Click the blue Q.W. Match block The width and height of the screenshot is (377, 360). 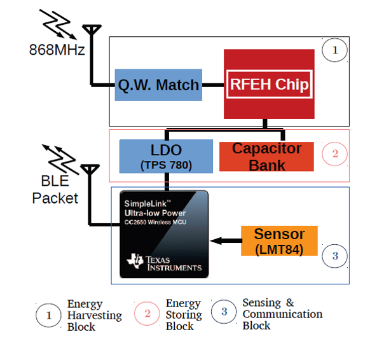(x=158, y=85)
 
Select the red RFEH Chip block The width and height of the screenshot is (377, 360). (x=268, y=84)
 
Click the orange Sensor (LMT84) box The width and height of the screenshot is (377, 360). (x=279, y=240)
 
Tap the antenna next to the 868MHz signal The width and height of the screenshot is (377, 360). (x=93, y=32)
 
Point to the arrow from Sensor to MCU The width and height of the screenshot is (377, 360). (x=225, y=241)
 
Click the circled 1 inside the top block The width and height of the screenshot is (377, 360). (x=334, y=50)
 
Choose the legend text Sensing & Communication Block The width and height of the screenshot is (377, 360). (x=282, y=314)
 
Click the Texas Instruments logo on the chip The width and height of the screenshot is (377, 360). (x=165, y=263)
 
